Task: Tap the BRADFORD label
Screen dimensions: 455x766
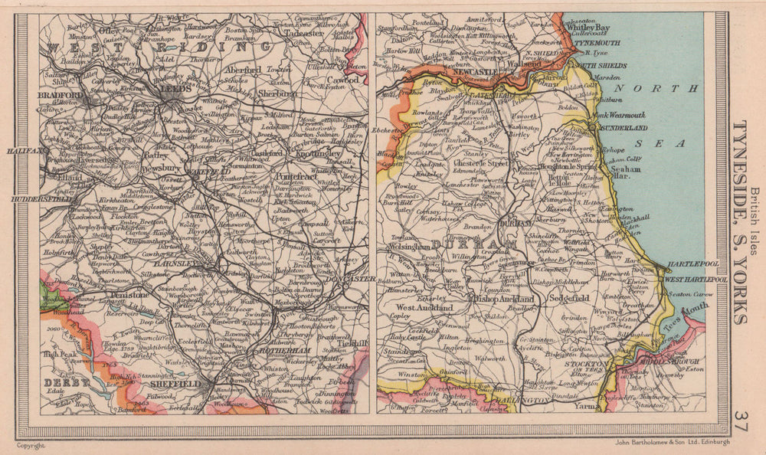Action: pyautogui.click(x=57, y=95)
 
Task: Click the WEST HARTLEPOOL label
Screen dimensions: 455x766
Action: pyautogui.click(x=695, y=280)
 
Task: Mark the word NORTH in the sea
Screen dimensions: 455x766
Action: pyautogui.click(x=656, y=87)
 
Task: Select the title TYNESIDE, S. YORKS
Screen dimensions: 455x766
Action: pyautogui.click(x=741, y=222)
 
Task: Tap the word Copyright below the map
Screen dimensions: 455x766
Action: pyautogui.click(x=32, y=444)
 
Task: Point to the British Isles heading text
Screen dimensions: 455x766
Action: pyautogui.click(x=755, y=222)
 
